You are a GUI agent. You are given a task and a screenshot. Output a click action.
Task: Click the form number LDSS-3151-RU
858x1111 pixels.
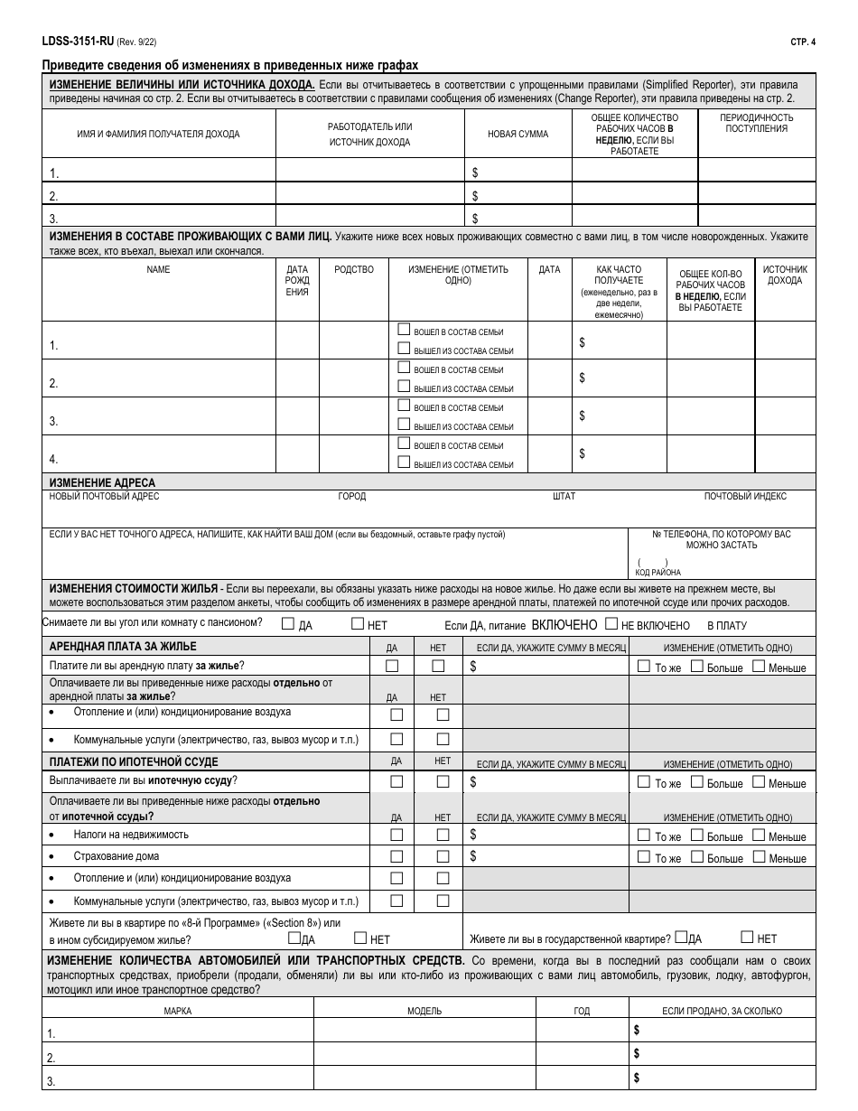click(79, 42)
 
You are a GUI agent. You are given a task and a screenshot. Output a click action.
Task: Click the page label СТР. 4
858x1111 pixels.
click(800, 42)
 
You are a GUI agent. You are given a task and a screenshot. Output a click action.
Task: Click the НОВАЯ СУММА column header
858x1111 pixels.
click(518, 134)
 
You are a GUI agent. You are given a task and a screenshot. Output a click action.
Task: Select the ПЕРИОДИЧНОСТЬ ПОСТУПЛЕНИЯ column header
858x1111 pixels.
click(756, 123)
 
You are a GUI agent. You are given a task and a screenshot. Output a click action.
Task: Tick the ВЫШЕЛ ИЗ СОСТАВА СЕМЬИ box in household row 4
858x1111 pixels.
click(404, 462)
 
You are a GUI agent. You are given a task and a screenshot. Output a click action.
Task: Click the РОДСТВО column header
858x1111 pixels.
click(353, 270)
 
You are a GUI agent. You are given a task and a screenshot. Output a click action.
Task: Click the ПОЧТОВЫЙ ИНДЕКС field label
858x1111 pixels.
click(745, 496)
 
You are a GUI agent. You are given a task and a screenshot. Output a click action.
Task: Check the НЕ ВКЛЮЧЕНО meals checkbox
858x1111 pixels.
click(611, 623)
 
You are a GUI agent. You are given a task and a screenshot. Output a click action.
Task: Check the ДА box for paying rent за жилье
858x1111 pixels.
click(392, 667)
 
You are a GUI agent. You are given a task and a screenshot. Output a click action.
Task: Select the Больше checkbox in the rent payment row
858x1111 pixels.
click(696, 667)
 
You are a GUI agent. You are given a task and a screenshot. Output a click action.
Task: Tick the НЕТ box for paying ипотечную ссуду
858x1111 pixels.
click(442, 782)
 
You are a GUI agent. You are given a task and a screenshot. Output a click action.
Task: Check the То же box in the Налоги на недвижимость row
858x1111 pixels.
click(643, 836)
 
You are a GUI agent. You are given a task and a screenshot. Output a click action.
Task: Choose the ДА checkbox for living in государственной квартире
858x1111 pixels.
click(681, 938)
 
